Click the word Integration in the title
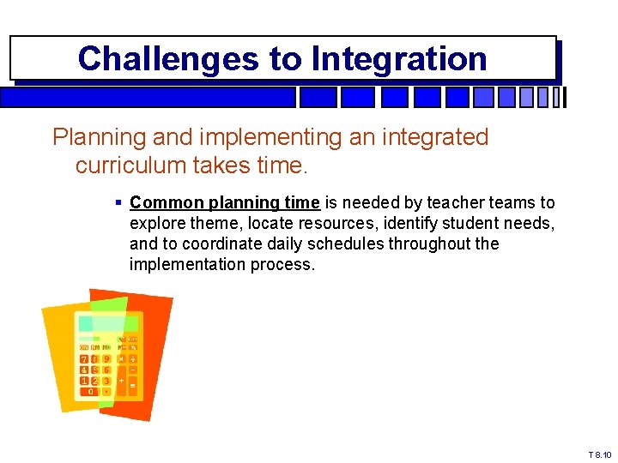[x=399, y=59]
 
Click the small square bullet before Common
[x=118, y=203]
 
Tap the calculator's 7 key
[x=84, y=358]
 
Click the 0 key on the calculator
[x=90, y=391]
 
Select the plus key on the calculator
[x=121, y=380]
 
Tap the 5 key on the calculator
[x=95, y=370]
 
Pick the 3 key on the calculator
[x=106, y=381]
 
